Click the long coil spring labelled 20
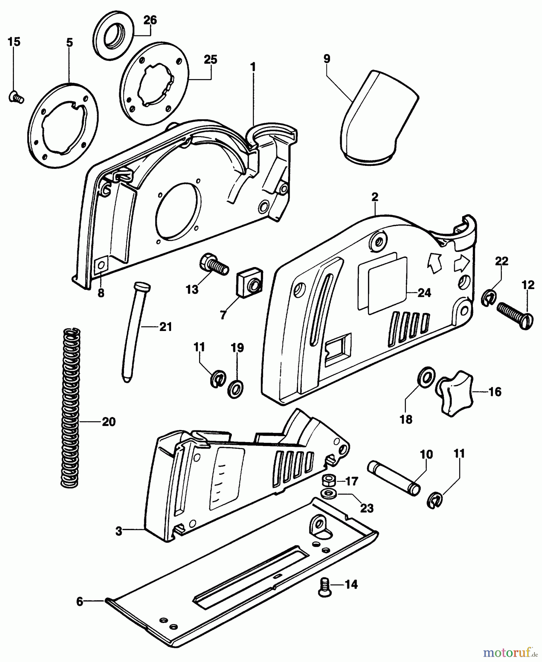point(70,408)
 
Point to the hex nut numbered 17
point(327,481)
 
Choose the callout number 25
point(211,59)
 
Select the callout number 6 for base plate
point(80,601)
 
